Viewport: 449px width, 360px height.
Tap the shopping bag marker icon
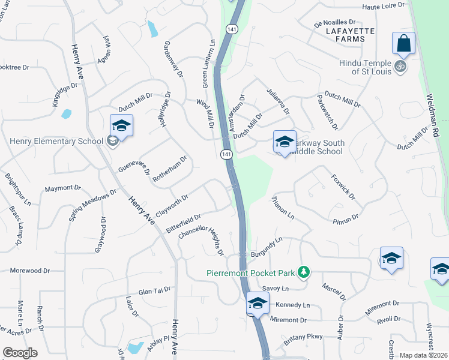(403, 44)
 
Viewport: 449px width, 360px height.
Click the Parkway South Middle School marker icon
(285, 142)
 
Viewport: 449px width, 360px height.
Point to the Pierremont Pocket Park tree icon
(304, 272)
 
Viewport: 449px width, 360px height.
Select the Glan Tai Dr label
(155, 292)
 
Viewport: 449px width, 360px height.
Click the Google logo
(20, 353)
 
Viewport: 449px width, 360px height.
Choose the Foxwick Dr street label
(343, 187)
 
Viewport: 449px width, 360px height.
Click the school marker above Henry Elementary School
(121, 126)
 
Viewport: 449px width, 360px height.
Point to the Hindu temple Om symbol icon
(400, 67)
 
